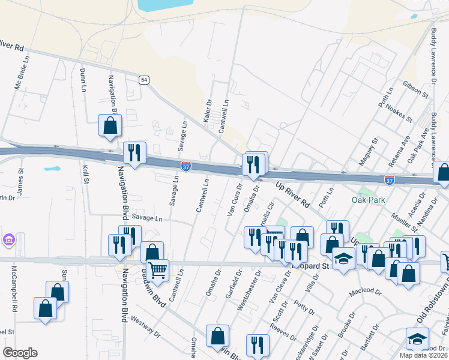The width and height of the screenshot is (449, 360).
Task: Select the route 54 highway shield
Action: click(144, 80)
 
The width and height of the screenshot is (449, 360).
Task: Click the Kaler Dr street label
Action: click(208, 112)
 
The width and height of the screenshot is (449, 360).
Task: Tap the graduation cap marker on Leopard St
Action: click(343, 259)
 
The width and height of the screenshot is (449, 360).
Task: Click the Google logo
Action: click(20, 353)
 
